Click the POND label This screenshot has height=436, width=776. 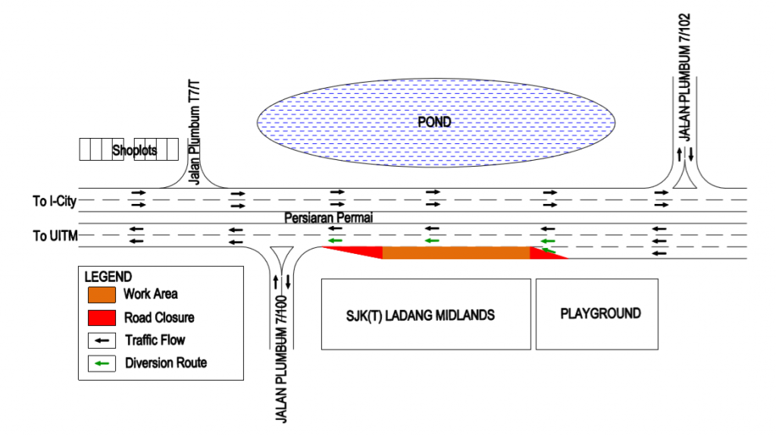point(434,122)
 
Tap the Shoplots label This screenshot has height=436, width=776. point(134,150)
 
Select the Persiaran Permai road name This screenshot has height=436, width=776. point(329,218)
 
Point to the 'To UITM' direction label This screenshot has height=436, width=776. point(54,236)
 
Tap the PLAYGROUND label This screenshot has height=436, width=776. point(600,313)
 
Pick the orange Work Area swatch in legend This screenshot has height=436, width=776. point(102,294)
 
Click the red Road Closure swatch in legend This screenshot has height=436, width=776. point(102,317)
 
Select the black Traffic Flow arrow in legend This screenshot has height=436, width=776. point(102,340)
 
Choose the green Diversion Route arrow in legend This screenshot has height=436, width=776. point(102,363)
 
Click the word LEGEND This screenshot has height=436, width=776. point(108,277)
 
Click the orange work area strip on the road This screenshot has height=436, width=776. point(455,253)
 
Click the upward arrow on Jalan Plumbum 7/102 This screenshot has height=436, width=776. point(680,155)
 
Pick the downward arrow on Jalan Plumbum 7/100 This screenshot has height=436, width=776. point(288,282)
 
